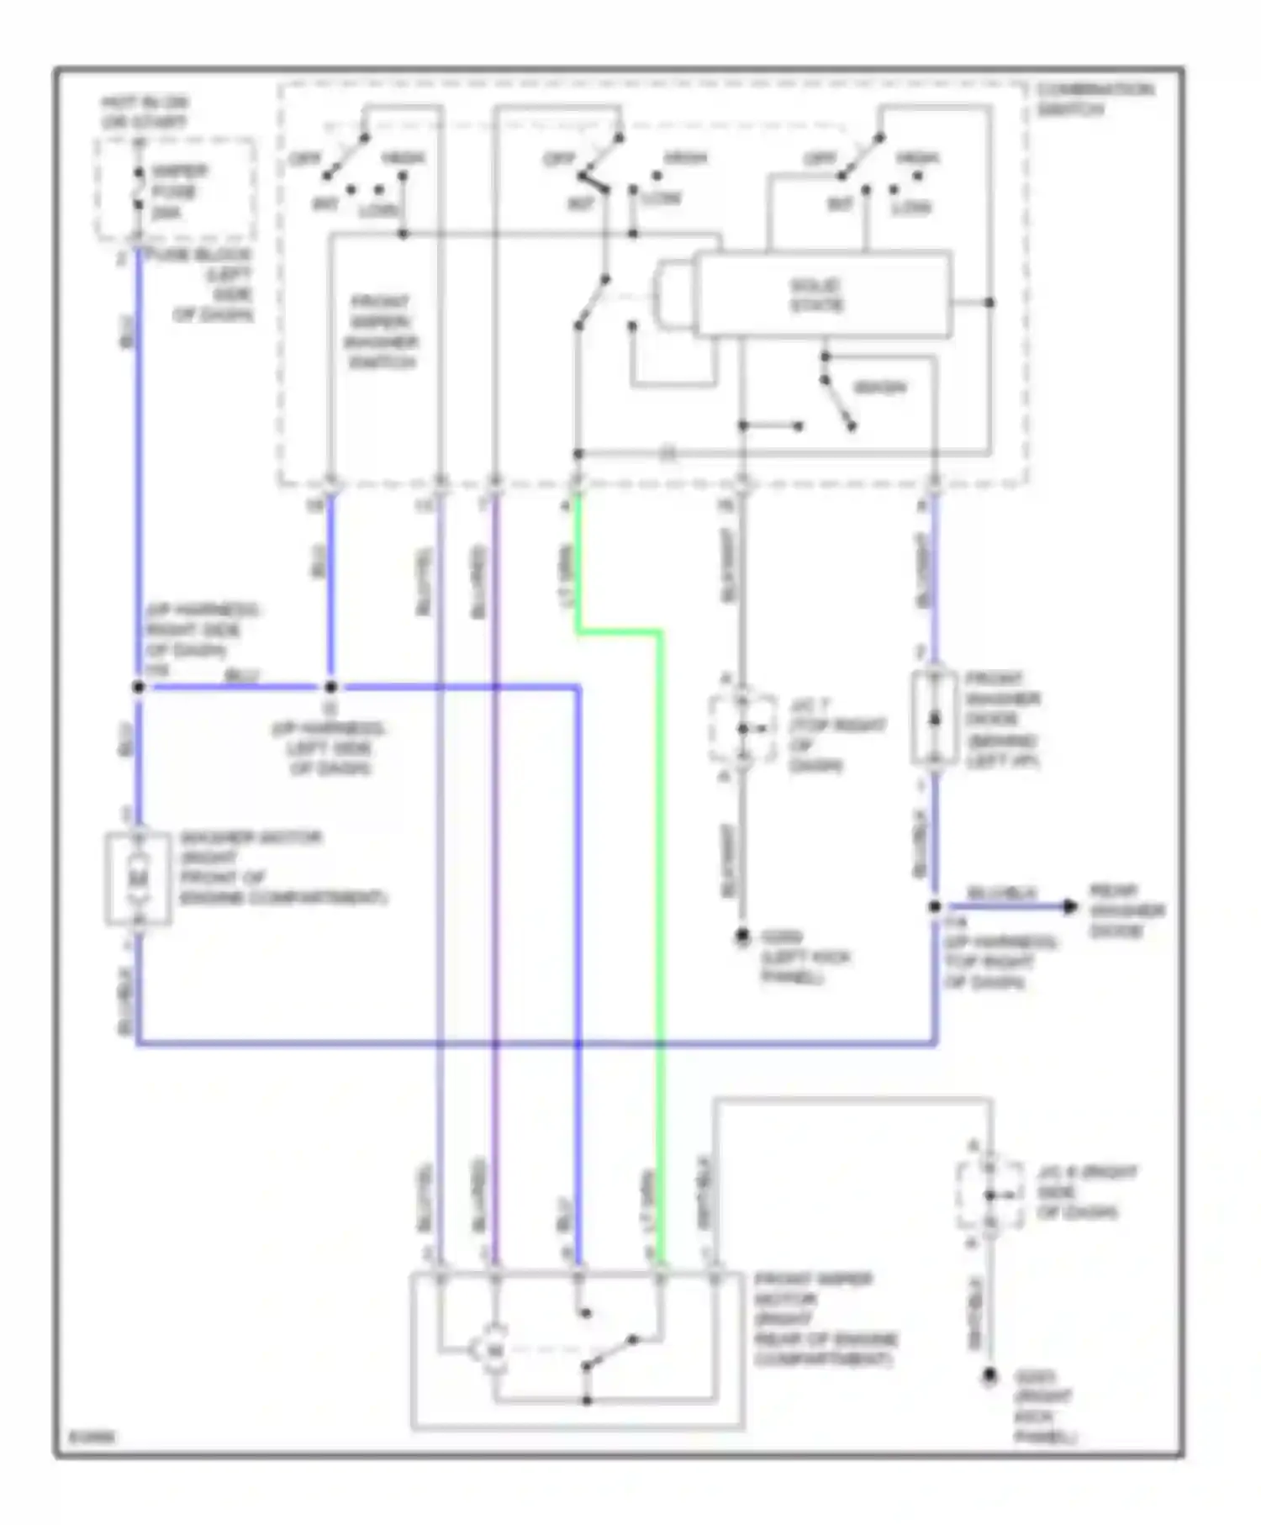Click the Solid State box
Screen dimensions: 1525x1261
tap(822, 294)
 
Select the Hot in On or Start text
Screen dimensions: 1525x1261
tap(145, 113)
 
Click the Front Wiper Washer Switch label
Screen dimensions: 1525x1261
tap(381, 331)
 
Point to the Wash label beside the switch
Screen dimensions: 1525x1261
tap(879, 388)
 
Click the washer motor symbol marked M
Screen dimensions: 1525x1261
tap(138, 878)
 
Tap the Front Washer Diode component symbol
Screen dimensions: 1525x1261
tap(934, 719)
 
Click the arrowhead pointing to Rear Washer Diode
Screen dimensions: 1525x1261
tap(1069, 906)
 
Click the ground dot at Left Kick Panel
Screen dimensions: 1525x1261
tap(742, 936)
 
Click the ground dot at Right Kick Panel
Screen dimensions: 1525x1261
tap(990, 1375)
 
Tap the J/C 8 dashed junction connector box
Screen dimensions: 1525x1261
tap(990, 1195)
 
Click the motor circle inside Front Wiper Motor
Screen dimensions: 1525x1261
tap(493, 1351)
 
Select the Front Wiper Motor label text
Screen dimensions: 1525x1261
tap(824, 1319)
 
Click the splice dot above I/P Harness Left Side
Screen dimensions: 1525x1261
tap(330, 687)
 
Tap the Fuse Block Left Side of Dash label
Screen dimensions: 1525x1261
tap(210, 285)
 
